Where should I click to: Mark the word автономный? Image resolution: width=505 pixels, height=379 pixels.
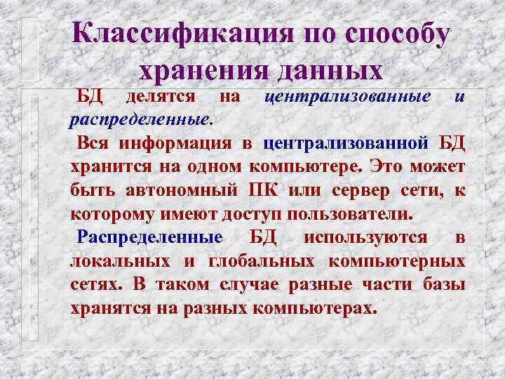[x=183, y=190]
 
